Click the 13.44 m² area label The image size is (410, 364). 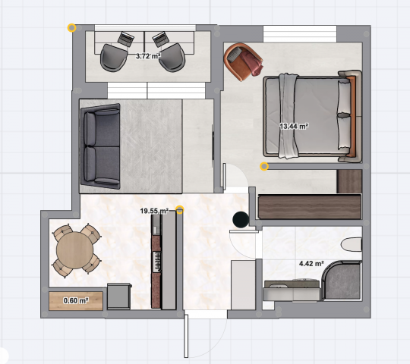coord(294,127)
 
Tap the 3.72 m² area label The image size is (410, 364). coord(148,56)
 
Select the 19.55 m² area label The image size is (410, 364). coord(154,211)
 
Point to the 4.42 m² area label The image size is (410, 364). coord(311,263)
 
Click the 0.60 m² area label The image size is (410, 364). coord(76,300)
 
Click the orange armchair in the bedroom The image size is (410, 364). coord(243,61)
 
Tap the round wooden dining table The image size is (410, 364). coord(74,249)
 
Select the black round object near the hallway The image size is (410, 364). coord(241,219)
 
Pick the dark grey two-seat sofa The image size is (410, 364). coord(101,146)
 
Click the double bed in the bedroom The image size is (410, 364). coord(313,116)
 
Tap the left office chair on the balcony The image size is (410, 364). coord(114,58)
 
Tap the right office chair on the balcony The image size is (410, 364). coord(172,57)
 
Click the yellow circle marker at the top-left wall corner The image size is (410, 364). coord(71,27)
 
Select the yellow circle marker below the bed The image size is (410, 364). coord(264,166)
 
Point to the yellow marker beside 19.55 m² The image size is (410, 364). coord(180,209)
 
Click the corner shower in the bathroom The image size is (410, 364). coord(342,281)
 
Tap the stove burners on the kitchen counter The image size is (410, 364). coord(158,261)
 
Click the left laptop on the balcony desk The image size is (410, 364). coord(126,39)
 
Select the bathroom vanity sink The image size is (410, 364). coord(292,290)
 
